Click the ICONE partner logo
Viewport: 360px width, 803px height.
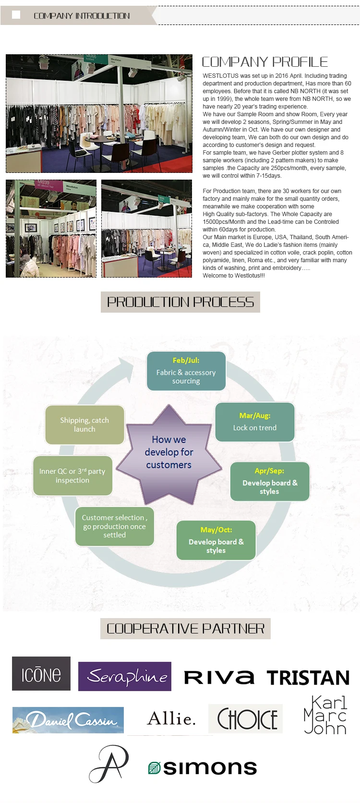coord(41,673)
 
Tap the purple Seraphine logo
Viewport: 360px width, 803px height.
coord(125,676)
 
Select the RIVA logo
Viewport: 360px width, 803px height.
coord(219,677)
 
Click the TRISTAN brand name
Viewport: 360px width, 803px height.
coord(308,678)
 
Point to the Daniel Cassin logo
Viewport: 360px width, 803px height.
coord(68,720)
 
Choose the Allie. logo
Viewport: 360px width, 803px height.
coord(171,719)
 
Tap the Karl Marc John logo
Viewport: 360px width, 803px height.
coord(325,715)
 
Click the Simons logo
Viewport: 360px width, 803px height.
coord(203,767)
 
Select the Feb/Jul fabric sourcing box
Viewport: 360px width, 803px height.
coord(186,371)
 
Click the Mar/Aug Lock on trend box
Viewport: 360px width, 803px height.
coord(255,422)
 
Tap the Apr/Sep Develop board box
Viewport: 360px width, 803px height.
coord(270,481)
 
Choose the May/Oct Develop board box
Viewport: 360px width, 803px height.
coord(216,540)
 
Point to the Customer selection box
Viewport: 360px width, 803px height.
coord(115,526)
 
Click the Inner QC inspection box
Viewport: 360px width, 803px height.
coord(72,476)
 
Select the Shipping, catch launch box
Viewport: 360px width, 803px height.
coord(84,425)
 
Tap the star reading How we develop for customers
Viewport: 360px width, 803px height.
coord(169,452)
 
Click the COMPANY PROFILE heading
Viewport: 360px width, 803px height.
coord(265,62)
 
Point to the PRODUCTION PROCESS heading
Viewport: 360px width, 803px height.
coord(180,302)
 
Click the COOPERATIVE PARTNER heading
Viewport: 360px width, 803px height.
coord(185,629)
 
